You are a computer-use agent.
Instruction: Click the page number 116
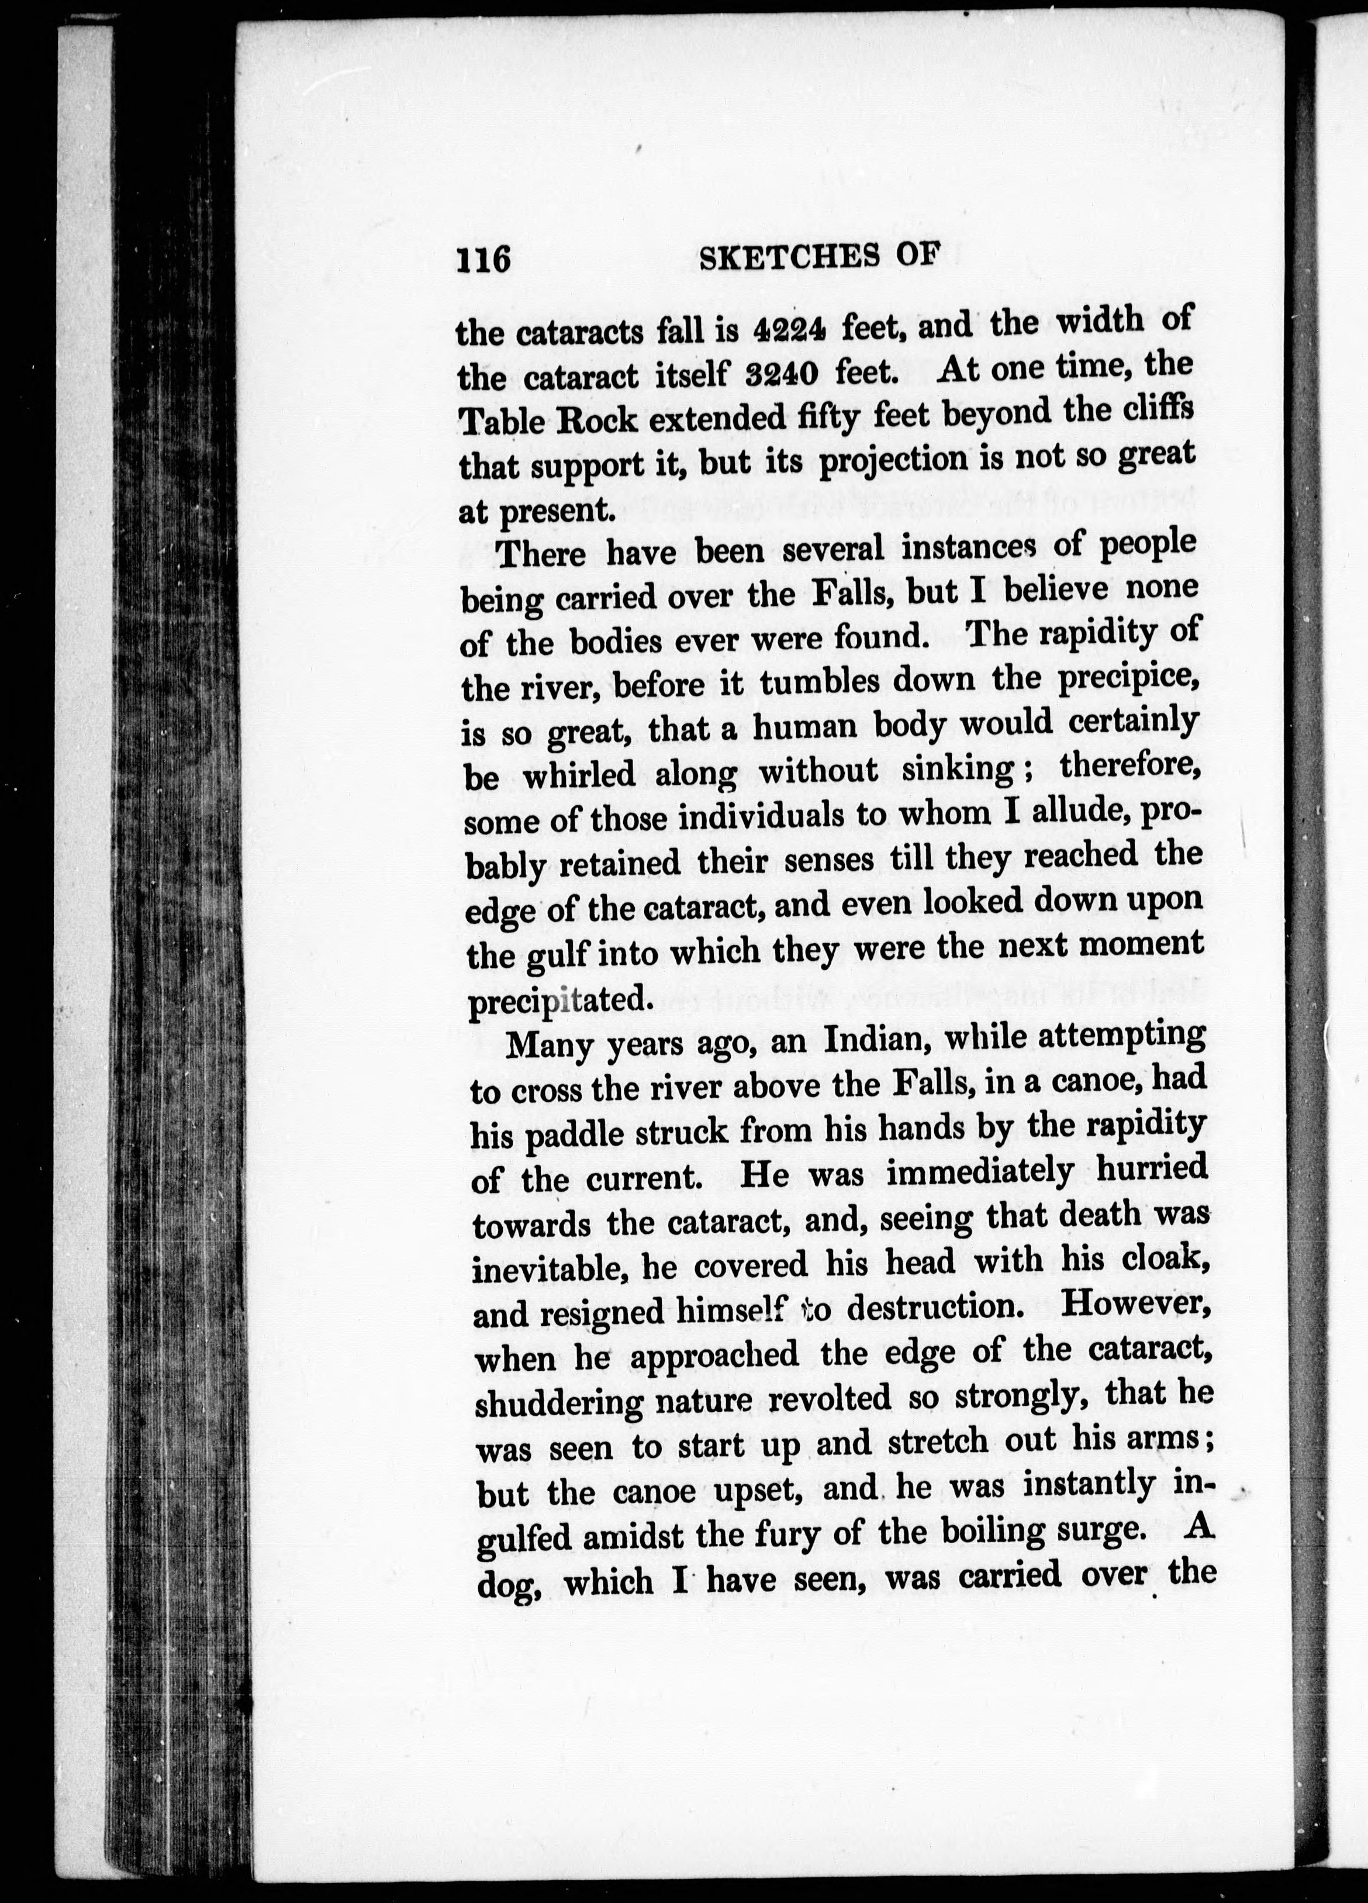[483, 259]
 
